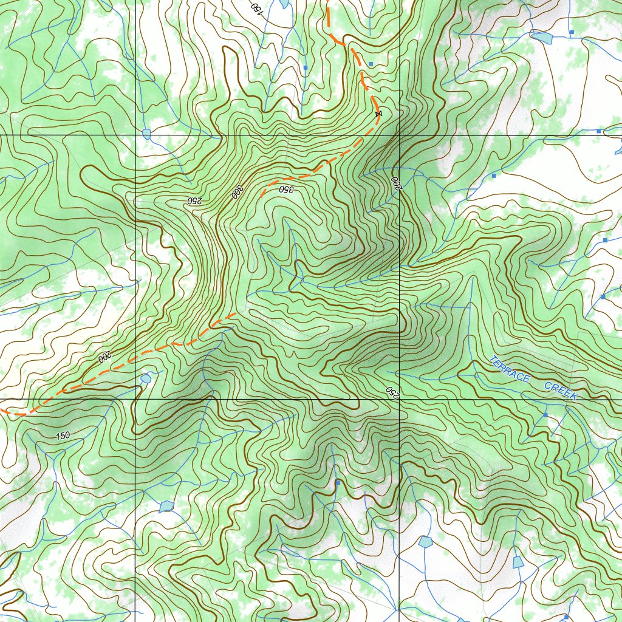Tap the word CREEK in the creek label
click(560, 391)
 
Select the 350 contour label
click(286, 189)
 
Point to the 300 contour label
click(236, 192)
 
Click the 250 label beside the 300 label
click(194, 200)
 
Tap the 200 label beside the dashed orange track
click(105, 356)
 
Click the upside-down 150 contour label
click(256, 9)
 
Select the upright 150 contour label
click(62, 436)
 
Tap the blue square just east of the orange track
click(371, 64)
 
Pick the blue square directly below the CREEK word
click(545, 414)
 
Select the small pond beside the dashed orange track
click(145, 378)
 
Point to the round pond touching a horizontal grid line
click(146, 133)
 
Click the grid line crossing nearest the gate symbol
click(399, 135)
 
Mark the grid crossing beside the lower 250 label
click(399, 399)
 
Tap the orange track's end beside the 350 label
click(262, 196)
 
